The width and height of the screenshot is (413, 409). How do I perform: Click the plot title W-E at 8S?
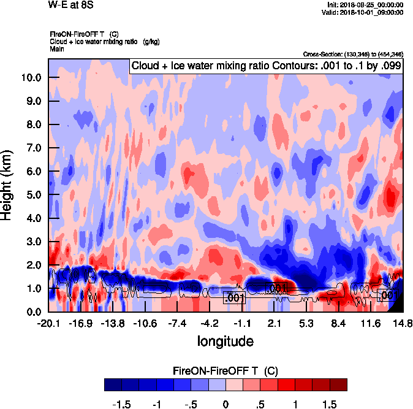70,5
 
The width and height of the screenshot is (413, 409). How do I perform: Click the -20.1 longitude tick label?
48,323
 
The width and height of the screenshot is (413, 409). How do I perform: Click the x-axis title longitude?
225,340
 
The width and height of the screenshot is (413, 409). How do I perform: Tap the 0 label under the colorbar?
225,405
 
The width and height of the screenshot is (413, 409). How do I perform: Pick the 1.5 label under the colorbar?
330,405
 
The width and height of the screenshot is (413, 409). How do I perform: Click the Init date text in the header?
366,5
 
